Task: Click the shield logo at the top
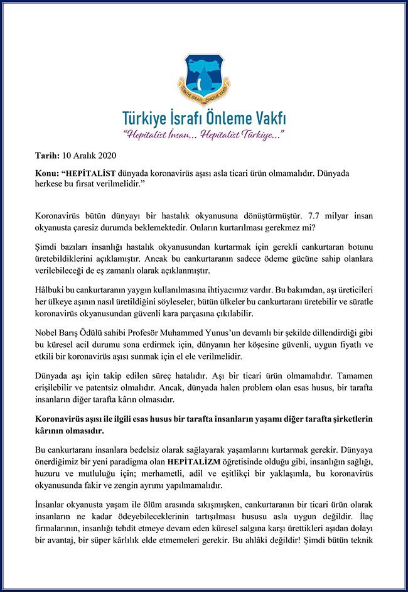[x=203, y=80]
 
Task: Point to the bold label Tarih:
[x=48, y=155]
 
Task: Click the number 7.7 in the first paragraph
[x=288, y=216]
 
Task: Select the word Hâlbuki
[x=52, y=294]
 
